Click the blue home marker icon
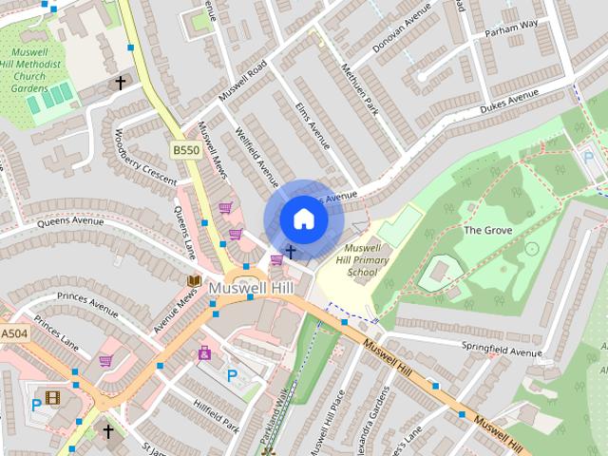[x=303, y=219]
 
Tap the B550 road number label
[x=186, y=150]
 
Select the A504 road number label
[x=14, y=334]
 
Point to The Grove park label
[x=487, y=230]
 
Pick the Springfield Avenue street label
[x=500, y=351]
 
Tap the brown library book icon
[x=194, y=281]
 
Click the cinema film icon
[x=52, y=398]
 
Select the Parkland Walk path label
[x=282, y=418]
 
